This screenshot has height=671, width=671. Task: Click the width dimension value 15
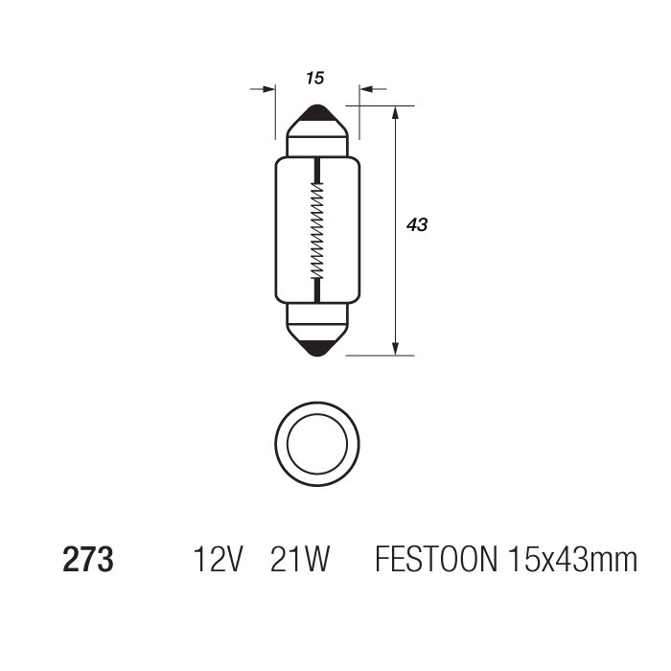tap(315, 79)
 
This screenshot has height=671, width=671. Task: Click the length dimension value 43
tap(417, 225)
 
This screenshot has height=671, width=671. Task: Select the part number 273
tap(88, 560)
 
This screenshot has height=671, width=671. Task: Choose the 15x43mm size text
tap(569, 560)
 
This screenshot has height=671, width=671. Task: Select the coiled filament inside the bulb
tap(316, 230)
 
